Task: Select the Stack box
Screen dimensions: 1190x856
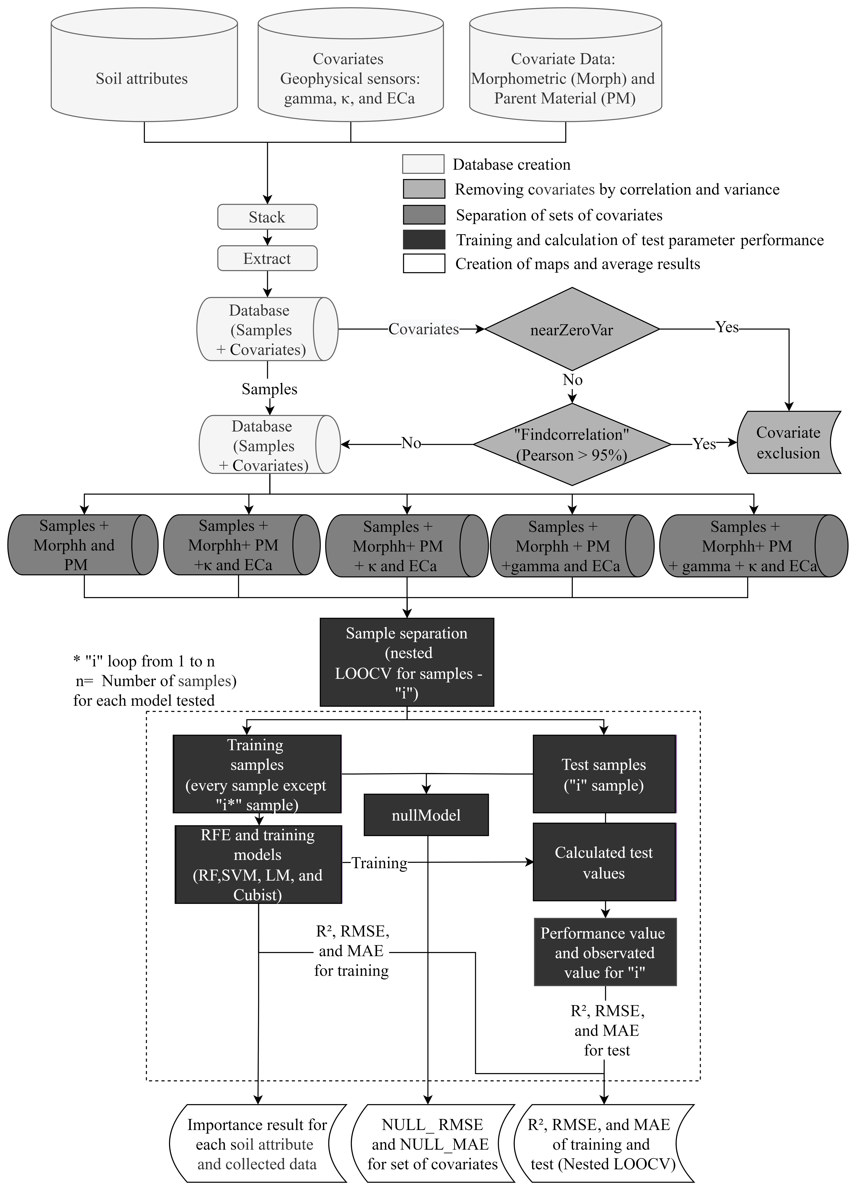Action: tap(267, 217)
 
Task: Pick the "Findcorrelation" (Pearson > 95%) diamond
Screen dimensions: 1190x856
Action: tap(572, 444)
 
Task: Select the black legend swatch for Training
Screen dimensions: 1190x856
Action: tap(424, 239)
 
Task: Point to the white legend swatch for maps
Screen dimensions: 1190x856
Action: tap(424, 263)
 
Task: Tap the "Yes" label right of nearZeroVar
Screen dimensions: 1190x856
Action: tap(727, 327)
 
